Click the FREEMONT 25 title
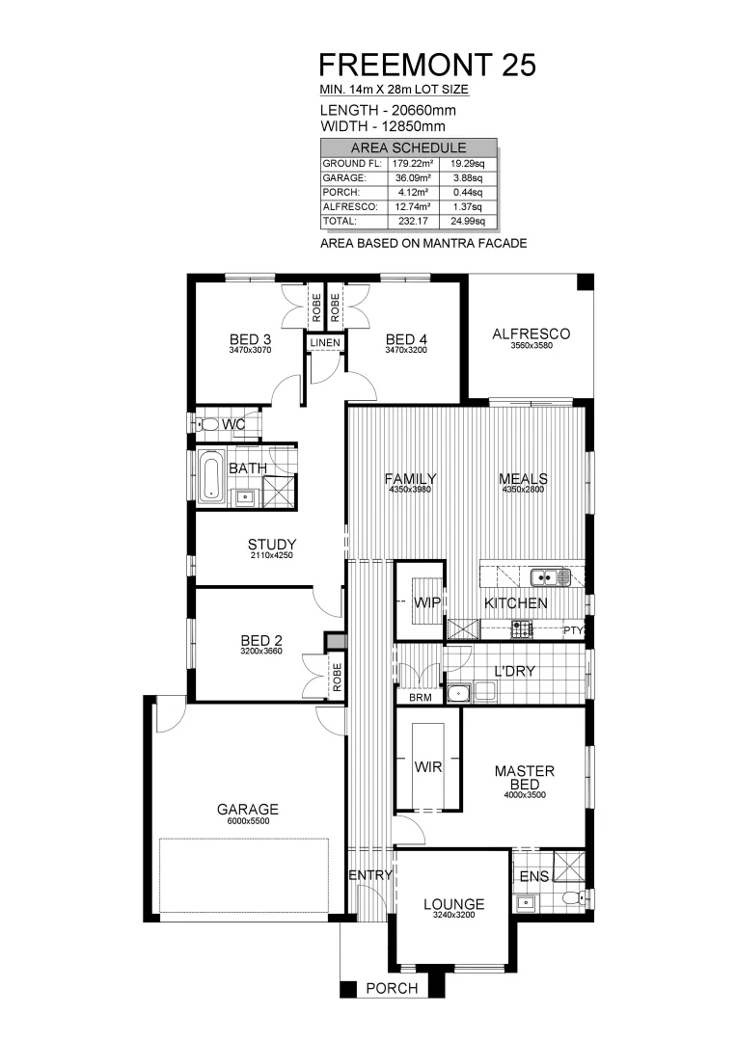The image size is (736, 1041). click(427, 65)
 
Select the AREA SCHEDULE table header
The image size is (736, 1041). click(408, 147)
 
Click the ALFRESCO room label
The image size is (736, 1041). click(531, 334)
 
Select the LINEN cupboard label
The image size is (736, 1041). click(325, 342)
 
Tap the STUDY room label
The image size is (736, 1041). click(271, 544)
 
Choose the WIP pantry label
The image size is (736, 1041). click(427, 603)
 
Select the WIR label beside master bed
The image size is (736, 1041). click(428, 767)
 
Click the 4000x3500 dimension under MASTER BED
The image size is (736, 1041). click(524, 796)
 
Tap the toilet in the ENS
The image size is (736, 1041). click(573, 900)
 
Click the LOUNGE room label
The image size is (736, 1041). click(453, 904)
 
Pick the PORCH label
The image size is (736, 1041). click(393, 988)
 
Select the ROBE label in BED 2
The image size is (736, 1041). click(337, 678)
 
